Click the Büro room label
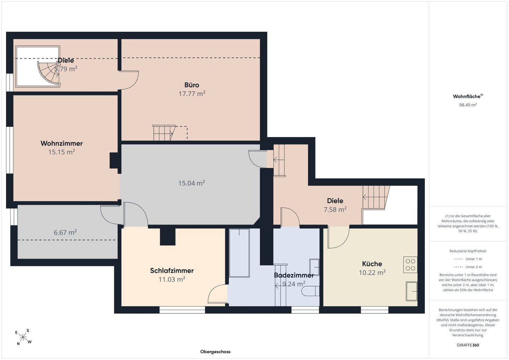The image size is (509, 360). pyautogui.click(x=192, y=85)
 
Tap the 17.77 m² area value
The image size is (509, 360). pyautogui.click(x=192, y=94)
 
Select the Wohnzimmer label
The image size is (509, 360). pyautogui.click(x=62, y=143)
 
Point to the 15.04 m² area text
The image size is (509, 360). pyautogui.click(x=192, y=183)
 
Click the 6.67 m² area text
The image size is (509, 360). pyautogui.click(x=65, y=232)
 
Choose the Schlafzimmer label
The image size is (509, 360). pyautogui.click(x=172, y=271)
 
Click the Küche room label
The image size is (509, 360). pyautogui.click(x=372, y=264)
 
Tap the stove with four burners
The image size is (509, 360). pyautogui.click(x=410, y=265)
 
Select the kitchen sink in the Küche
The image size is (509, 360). pyautogui.click(x=411, y=291)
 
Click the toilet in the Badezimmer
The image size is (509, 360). pyautogui.click(x=311, y=291)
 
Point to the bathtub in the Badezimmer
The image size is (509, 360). pyautogui.click(x=239, y=253)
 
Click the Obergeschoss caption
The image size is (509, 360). pyautogui.click(x=215, y=352)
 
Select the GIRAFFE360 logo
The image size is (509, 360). pyautogui.click(x=468, y=345)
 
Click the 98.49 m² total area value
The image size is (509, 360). pyautogui.click(x=468, y=105)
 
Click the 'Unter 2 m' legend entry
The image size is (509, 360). pyautogui.click(x=468, y=267)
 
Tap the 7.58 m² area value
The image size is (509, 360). pyautogui.click(x=335, y=209)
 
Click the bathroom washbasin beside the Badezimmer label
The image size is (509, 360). pyautogui.click(x=314, y=267)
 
